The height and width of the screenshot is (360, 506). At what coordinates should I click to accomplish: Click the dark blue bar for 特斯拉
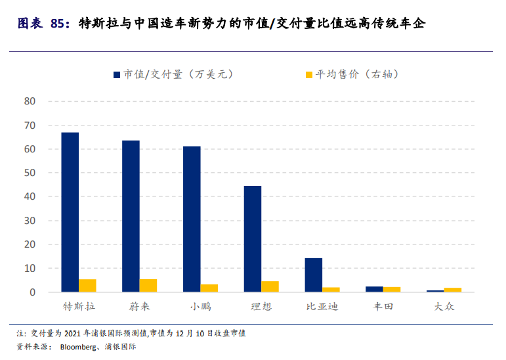pos(70,212)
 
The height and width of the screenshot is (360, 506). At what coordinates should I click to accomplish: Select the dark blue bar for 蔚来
pos(131,216)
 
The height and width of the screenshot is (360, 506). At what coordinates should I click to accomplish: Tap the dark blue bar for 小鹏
pos(192,219)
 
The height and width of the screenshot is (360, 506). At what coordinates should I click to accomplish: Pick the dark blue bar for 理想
pos(253,239)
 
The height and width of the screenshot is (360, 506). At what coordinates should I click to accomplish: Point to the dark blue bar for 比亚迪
pos(314,275)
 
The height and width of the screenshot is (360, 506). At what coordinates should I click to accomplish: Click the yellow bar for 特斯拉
pos(87,286)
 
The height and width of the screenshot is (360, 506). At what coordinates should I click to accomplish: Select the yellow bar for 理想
pos(270,286)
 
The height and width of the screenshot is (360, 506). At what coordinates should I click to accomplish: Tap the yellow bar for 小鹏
pos(209,288)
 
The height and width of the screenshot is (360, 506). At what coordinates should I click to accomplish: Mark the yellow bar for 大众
pos(453,290)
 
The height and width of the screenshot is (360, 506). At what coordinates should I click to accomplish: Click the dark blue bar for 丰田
pos(374,289)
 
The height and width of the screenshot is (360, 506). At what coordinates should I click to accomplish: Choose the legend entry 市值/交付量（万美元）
pos(173,74)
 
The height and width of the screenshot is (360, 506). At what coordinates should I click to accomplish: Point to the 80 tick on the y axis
pos(30,101)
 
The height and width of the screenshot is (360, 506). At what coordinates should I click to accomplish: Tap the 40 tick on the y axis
pos(30,196)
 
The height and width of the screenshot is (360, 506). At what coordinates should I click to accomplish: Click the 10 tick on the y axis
pos(30,268)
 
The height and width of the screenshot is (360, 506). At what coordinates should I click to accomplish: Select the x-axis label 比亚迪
pos(322,307)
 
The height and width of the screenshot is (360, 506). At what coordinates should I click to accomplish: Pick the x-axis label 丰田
pos(383,307)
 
